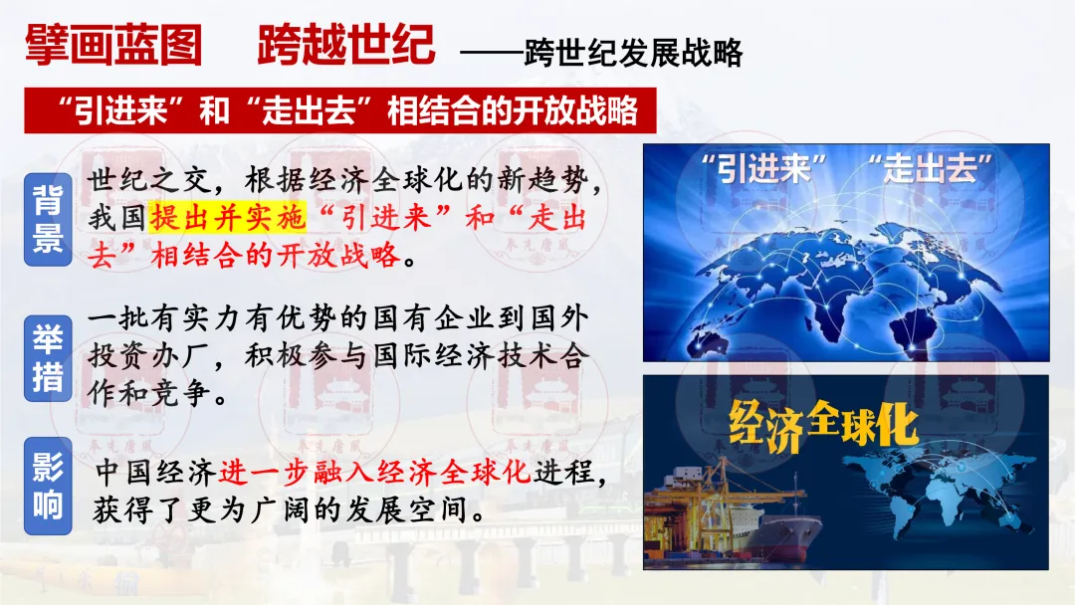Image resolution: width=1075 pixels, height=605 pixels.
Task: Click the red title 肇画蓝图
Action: (113, 45)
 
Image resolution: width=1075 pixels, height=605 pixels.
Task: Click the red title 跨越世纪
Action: (346, 45)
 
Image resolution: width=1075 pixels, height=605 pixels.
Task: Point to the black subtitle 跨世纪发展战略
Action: (633, 53)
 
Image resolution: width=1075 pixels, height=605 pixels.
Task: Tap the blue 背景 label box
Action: (48, 219)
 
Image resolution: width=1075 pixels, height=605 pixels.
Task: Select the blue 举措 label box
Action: (48, 357)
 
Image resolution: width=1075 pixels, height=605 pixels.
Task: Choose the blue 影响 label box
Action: (48, 486)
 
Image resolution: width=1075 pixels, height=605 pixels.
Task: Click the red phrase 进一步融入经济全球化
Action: (375, 472)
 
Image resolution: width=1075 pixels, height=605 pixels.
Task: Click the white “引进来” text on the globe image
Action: (763, 168)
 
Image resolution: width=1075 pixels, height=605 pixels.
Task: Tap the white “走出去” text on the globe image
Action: (931, 168)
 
